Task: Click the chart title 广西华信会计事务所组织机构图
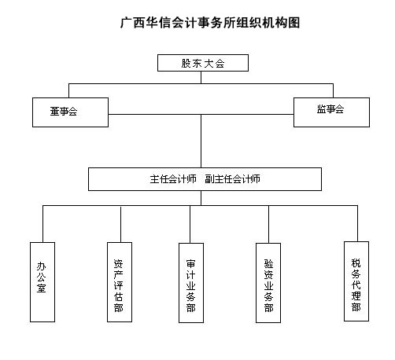(210, 23)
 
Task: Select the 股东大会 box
(203, 63)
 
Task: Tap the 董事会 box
(70, 112)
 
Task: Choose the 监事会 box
(331, 112)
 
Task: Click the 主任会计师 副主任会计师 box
(205, 179)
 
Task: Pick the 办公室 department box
(42, 282)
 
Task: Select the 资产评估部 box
(120, 282)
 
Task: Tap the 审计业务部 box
(191, 283)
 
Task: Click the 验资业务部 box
(268, 283)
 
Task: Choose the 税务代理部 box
(356, 281)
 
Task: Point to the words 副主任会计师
(232, 179)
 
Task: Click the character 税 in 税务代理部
(356, 263)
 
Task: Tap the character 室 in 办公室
(42, 288)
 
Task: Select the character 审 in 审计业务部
(190, 264)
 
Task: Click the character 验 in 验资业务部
(268, 263)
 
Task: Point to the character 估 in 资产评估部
(118, 297)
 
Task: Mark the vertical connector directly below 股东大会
(201, 78)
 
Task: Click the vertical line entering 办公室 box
(42, 224)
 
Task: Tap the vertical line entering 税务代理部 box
(357, 223)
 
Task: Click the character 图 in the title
(294, 23)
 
